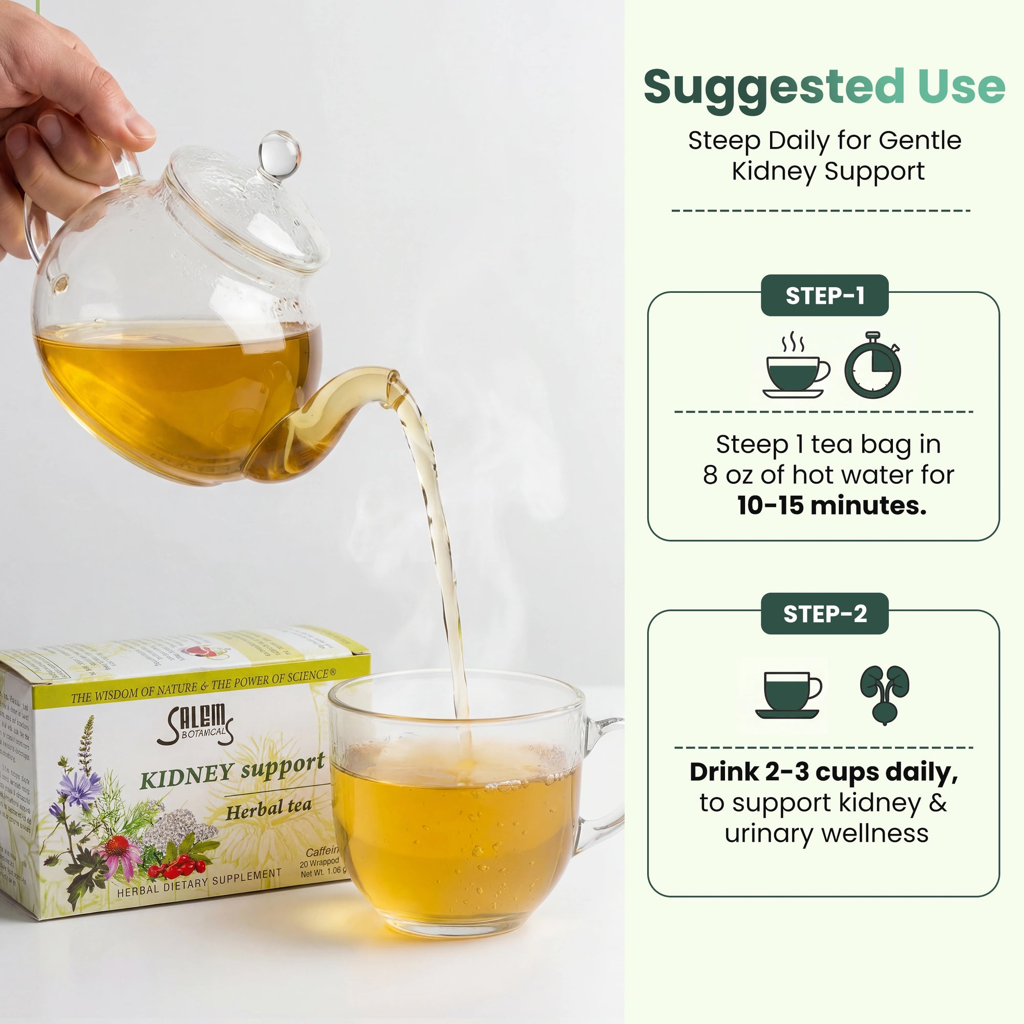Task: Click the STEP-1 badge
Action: pyautogui.click(x=824, y=296)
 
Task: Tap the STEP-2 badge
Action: pyautogui.click(x=824, y=614)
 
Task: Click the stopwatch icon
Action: pyautogui.click(x=872, y=366)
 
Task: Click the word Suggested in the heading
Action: pyautogui.click(x=774, y=88)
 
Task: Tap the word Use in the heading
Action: pyautogui.click(x=962, y=87)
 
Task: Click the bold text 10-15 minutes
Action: pyautogui.click(x=831, y=506)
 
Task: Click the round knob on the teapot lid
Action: pyautogui.click(x=280, y=154)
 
